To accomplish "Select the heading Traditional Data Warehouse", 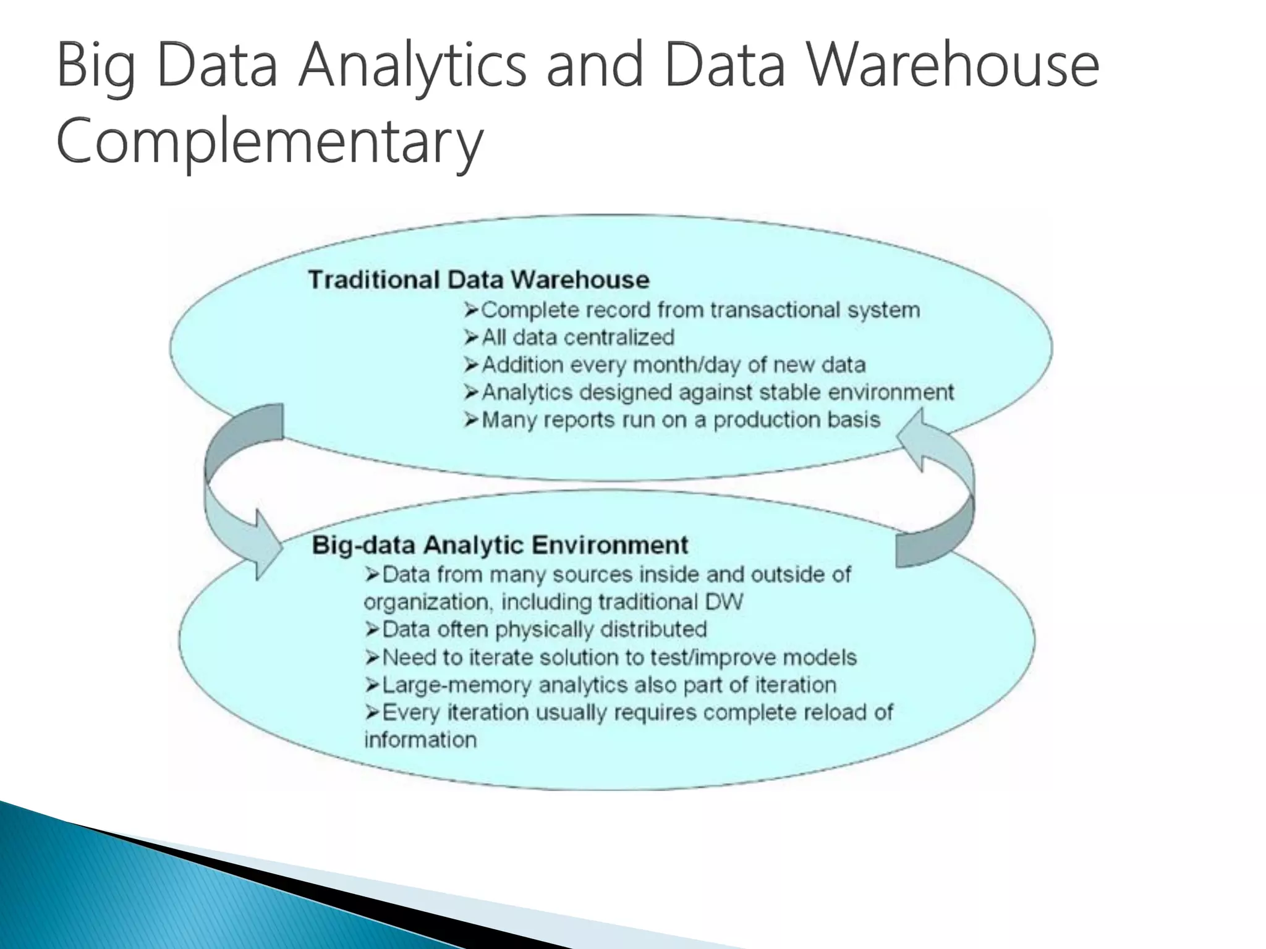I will pos(478,280).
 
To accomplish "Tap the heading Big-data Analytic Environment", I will pos(499,545).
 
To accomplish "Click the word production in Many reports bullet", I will pos(767,420).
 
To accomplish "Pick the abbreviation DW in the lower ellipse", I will pos(726,602).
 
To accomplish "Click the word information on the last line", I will pos(420,740).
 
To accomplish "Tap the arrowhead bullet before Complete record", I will pos(471,310).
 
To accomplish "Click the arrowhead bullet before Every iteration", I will pos(372,712).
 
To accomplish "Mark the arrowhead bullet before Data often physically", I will pos(372,630).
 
